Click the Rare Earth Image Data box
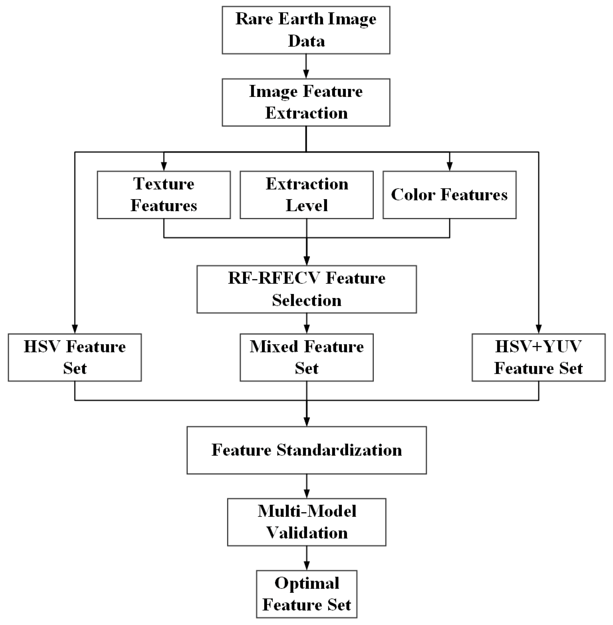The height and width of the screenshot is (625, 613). click(x=306, y=30)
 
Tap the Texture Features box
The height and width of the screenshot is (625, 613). click(x=164, y=195)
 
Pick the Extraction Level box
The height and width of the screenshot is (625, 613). click(x=306, y=195)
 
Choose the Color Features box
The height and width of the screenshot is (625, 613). click(x=449, y=195)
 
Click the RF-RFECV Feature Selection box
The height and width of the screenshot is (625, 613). click(x=306, y=289)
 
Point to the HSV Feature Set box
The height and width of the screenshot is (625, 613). click(x=75, y=358)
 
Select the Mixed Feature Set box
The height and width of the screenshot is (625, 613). click(x=306, y=358)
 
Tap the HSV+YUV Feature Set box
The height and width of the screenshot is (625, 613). click(x=539, y=358)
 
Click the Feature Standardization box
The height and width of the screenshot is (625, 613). click(x=306, y=451)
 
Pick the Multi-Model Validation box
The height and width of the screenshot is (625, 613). click(x=306, y=522)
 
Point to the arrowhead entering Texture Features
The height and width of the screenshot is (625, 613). click(x=164, y=166)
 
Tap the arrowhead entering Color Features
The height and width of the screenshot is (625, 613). click(x=449, y=166)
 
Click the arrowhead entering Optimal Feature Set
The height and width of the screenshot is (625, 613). click(x=306, y=566)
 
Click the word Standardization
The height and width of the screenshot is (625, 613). click(x=339, y=451)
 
